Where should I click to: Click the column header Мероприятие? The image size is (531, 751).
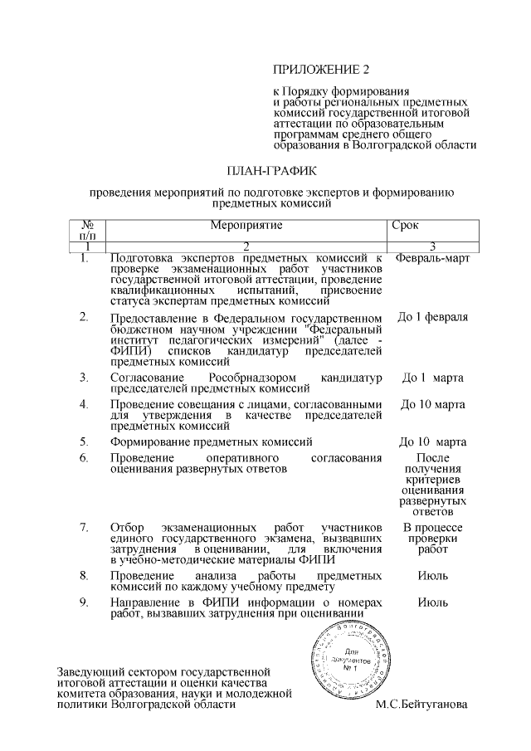click(246, 226)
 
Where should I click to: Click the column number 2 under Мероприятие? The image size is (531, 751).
click(246, 247)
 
